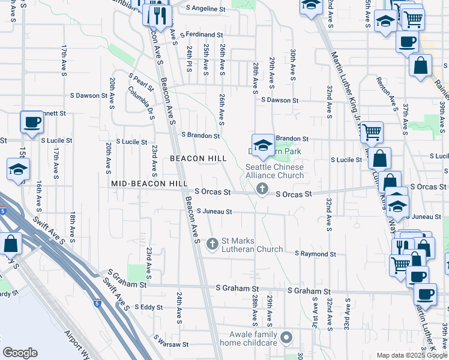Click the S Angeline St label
(206, 9)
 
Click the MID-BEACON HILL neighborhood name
(146, 182)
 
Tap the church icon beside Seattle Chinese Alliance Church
(262, 190)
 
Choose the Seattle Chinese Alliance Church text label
(274, 171)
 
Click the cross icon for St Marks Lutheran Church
(212, 244)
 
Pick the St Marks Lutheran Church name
(252, 245)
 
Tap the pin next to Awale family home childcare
(286, 338)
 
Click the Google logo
(20, 353)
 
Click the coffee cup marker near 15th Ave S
(32, 122)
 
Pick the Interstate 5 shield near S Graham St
(97, 303)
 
